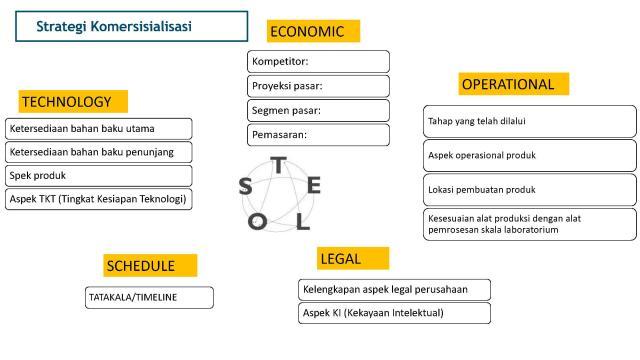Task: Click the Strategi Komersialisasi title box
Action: pyautogui.click(x=132, y=25)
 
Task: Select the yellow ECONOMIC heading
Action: pyautogui.click(x=313, y=32)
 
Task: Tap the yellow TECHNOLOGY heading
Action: pyautogui.click(x=73, y=101)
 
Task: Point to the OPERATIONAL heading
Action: pyautogui.click(x=513, y=84)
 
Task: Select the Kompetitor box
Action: pyautogui.click(x=318, y=62)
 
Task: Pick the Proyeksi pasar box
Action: pyautogui.click(x=318, y=86)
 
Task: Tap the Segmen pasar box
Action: pyautogui.click(x=318, y=110)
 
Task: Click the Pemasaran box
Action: pyautogui.click(x=318, y=134)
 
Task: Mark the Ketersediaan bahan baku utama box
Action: pyautogui.click(x=98, y=129)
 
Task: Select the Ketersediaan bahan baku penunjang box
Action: pyautogui.click(x=98, y=152)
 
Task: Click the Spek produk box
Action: pyautogui.click(x=98, y=175)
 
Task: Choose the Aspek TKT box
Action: pyautogui.click(x=98, y=198)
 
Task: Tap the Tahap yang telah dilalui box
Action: pyautogui.click(x=529, y=121)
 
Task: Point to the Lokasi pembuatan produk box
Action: pyautogui.click(x=529, y=189)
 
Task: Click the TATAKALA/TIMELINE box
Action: pyautogui.click(x=149, y=297)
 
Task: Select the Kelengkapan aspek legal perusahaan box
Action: pyautogui.click(x=394, y=289)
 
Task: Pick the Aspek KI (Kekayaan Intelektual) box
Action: pyautogui.click(x=394, y=313)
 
